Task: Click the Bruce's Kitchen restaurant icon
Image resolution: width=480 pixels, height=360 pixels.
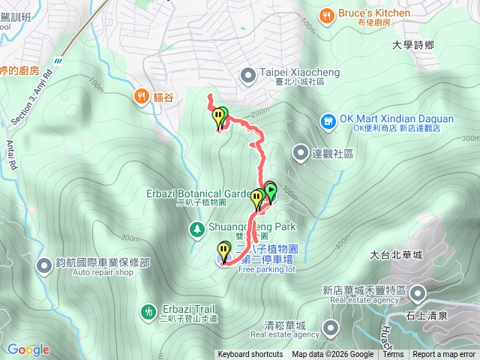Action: (326, 13)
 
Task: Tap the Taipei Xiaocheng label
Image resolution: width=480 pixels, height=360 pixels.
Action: (290, 73)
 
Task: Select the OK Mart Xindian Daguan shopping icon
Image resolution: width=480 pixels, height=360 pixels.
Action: (328, 120)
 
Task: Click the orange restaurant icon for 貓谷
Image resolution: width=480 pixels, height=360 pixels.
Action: (141, 95)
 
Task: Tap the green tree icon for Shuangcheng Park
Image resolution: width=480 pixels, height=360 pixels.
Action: (196, 228)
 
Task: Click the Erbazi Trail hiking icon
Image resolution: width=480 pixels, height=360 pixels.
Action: (148, 310)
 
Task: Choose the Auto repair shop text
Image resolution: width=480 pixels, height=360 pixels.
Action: (103, 272)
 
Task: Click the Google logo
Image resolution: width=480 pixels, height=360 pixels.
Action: (28, 349)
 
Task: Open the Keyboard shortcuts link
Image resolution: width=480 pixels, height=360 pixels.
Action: (250, 355)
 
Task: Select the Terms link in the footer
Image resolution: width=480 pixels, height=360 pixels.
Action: (393, 355)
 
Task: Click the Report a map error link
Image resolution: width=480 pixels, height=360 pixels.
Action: (444, 355)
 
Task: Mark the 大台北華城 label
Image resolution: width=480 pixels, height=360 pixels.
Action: (397, 255)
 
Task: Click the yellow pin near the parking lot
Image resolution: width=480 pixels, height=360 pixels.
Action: (224, 250)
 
